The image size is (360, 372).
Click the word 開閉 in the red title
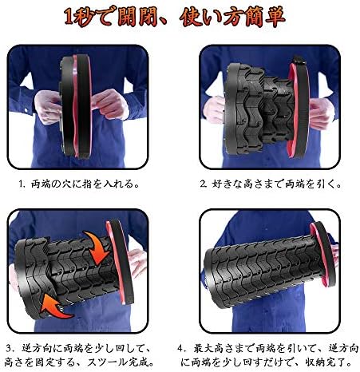point(137,17)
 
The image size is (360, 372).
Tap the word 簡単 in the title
point(265,17)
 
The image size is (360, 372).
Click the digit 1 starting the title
point(69,17)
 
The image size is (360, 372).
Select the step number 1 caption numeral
point(22,184)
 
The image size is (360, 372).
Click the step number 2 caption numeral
point(203,184)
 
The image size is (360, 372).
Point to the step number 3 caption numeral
point(9,348)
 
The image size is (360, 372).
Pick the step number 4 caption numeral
point(180,348)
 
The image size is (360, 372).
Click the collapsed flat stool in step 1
point(76,106)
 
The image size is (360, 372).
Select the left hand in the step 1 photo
point(48,106)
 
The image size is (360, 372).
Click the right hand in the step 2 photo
point(322,113)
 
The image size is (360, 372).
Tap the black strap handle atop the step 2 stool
point(299,61)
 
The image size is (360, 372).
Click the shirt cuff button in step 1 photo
point(26,109)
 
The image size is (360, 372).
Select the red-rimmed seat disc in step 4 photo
point(322,254)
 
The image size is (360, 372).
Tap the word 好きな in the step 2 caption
point(227,184)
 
